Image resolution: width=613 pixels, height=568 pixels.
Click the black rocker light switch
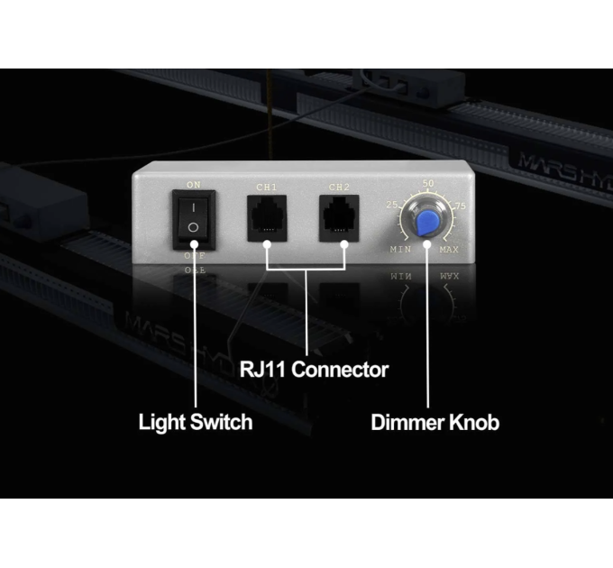tap(193, 218)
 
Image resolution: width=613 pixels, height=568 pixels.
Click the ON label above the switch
tap(193, 185)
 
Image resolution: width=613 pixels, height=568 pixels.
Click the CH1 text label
tap(267, 188)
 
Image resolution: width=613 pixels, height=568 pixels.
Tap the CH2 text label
tap(339, 188)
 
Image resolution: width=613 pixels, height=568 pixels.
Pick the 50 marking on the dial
tap(428, 184)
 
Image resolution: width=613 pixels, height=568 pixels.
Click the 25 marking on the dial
tap(392, 206)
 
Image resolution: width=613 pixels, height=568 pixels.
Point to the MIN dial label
tap(401, 248)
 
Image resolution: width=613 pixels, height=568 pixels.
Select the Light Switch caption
tap(195, 422)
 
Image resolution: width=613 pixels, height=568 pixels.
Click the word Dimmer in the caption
tap(408, 422)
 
